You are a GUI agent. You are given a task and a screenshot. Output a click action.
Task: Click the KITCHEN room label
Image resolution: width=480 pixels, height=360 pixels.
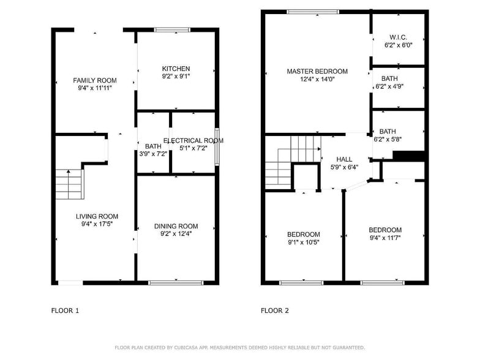tap(176, 69)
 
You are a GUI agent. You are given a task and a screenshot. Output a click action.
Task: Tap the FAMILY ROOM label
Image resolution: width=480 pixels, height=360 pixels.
tap(95, 81)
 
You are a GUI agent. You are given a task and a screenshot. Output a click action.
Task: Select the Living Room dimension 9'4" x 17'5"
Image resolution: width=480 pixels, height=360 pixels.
tap(97, 224)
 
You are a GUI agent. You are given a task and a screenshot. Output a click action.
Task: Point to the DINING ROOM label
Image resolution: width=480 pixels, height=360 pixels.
tap(176, 226)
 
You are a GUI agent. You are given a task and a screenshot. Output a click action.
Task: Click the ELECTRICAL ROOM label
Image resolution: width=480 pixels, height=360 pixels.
tap(193, 140)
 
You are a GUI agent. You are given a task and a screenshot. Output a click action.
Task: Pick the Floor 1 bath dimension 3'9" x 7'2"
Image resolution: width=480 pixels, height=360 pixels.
tap(153, 154)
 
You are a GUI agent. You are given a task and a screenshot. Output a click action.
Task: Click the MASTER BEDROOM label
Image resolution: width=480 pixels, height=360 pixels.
tap(317, 72)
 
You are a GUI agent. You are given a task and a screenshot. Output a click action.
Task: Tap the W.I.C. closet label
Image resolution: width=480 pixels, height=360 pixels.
tap(399, 37)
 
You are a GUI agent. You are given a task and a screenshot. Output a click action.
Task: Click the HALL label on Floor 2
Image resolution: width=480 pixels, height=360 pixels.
tap(344, 159)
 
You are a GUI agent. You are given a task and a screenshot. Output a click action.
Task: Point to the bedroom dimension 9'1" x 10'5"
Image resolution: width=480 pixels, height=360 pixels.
tap(303, 242)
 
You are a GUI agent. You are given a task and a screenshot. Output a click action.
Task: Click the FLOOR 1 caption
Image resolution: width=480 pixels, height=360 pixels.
tap(65, 310)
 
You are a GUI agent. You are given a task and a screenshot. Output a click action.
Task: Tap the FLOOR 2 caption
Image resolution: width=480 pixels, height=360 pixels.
tap(275, 310)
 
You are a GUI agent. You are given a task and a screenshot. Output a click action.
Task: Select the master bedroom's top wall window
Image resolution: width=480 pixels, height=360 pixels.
tap(313, 11)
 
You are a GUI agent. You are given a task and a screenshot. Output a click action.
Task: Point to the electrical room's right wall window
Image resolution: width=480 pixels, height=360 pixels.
tap(217, 147)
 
